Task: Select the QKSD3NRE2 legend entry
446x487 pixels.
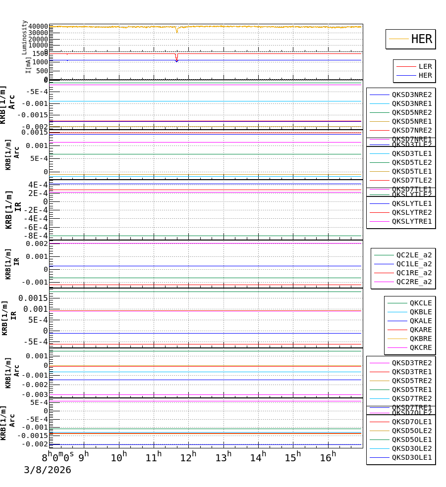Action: (x=411, y=95)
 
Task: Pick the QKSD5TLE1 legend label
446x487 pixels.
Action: (x=411, y=171)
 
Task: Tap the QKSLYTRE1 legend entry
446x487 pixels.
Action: (x=411, y=221)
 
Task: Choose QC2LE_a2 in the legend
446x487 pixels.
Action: (x=414, y=255)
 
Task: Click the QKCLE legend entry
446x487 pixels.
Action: (x=420, y=303)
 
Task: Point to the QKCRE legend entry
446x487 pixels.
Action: (x=420, y=347)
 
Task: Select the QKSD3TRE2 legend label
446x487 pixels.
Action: (x=411, y=363)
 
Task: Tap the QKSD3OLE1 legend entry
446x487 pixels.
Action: (x=411, y=457)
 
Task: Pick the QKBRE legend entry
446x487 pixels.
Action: (x=420, y=339)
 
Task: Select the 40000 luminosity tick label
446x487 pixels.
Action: (x=38, y=27)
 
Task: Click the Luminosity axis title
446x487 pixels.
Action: (x=24, y=37)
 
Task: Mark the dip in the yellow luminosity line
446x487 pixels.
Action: (x=177, y=31)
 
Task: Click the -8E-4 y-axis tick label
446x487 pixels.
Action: (x=37, y=236)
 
